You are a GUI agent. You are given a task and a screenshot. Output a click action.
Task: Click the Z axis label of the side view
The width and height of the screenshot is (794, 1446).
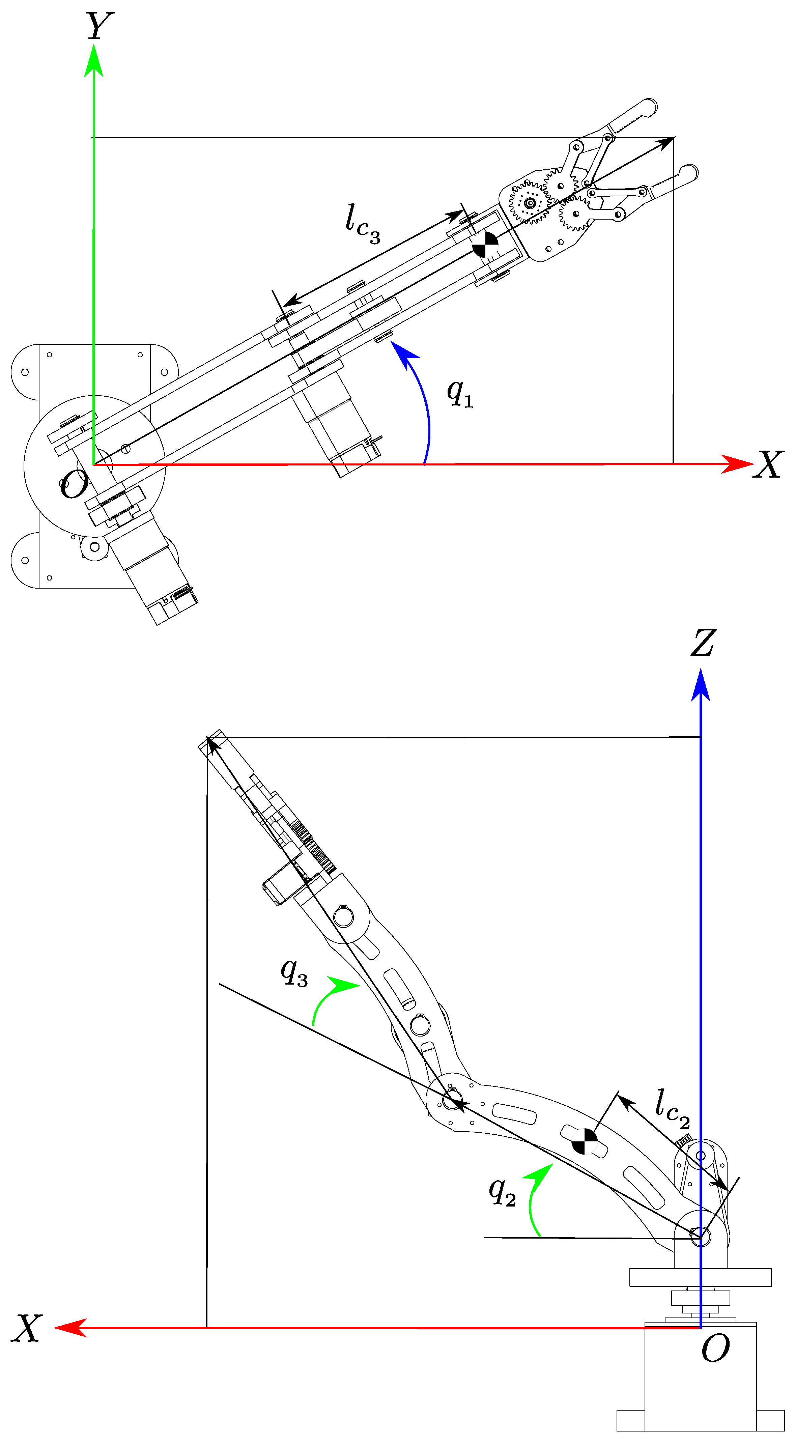click(703, 643)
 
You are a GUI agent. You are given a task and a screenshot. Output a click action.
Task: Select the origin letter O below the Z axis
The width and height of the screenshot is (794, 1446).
click(715, 1348)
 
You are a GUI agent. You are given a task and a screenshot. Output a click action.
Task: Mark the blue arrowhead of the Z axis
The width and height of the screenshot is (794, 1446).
click(701, 686)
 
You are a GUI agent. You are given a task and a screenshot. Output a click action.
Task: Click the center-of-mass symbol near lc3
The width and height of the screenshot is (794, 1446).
click(485, 245)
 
